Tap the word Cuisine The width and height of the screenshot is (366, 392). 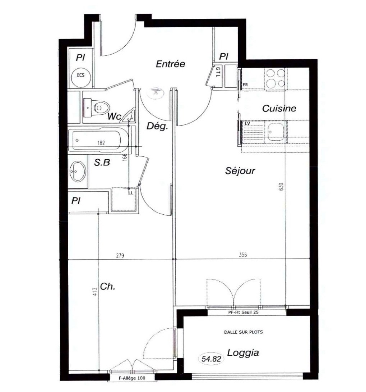pos(279,108)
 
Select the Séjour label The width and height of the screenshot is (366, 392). pos(240,171)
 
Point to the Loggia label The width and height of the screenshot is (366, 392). pos(243,353)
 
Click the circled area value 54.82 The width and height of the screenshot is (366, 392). pos(211,359)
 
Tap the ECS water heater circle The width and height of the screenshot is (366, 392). pos(81,75)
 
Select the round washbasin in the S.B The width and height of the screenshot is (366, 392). pos(78,172)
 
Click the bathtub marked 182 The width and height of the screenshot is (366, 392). pos(98,140)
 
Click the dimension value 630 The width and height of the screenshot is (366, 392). pos(281,187)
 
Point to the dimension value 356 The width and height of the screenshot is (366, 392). pos(243,255)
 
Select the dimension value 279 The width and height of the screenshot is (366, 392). pos(120,255)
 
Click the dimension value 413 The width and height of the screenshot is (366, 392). pos(94,292)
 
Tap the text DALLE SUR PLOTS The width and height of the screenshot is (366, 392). pos(244,332)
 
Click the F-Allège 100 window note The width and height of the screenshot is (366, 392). pos(131,378)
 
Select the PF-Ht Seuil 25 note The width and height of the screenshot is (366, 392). pos(243,312)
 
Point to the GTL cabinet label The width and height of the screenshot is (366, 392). pos(218,72)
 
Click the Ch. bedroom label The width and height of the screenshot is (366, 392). pos(108,287)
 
